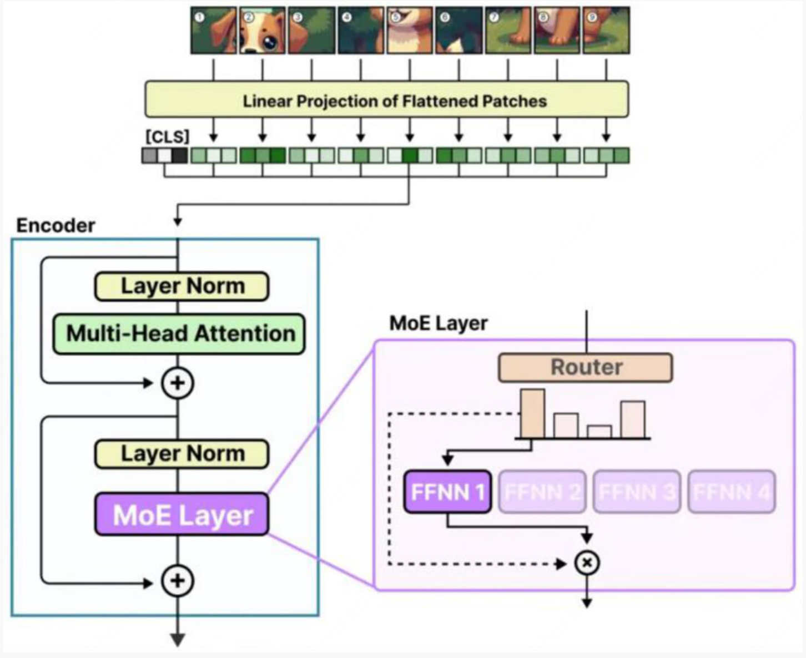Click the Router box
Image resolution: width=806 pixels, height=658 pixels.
point(586,367)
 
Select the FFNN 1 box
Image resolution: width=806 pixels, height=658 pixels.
point(447,492)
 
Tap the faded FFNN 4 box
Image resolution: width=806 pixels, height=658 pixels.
point(732,492)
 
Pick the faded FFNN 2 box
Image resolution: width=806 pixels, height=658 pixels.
point(542,492)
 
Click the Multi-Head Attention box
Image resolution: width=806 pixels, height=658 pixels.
point(179,334)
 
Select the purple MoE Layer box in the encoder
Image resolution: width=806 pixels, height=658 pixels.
point(182,515)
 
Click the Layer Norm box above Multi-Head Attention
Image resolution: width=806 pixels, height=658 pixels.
point(182,286)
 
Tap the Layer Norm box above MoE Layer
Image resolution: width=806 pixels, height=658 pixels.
point(182,454)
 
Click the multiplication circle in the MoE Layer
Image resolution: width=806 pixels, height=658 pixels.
point(587,563)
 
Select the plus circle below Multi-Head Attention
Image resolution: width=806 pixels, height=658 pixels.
point(178,383)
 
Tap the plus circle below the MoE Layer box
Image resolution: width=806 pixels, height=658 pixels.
point(178,581)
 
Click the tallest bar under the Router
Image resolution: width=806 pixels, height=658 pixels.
point(532,414)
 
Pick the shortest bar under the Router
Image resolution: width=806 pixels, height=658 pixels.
point(600,432)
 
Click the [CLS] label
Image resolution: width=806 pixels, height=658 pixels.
point(167,136)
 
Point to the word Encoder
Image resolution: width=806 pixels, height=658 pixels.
point(56,226)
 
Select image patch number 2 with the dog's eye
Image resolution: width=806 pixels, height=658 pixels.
point(263,31)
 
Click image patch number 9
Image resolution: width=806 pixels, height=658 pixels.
point(606,31)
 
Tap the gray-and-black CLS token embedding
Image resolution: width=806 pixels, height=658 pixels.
point(165,155)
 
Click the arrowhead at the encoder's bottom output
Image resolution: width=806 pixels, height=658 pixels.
point(178,640)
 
